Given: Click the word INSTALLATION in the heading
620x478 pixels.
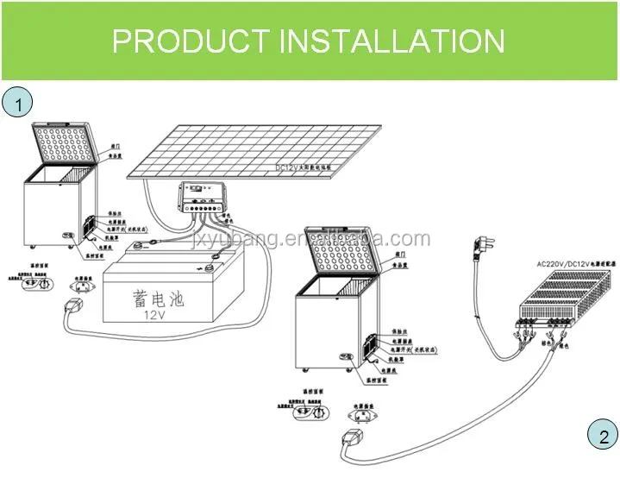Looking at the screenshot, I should [391, 41].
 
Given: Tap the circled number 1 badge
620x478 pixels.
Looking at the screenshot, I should [16, 104].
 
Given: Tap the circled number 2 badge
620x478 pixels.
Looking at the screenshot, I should [603, 436].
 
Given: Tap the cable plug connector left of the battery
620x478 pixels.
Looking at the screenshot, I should [70, 307].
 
